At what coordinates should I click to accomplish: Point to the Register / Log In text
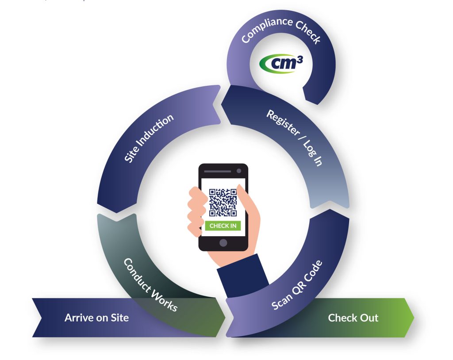point(294,138)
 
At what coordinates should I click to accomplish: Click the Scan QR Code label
point(297,285)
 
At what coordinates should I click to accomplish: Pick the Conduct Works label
point(150,285)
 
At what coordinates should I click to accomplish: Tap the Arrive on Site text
point(96,318)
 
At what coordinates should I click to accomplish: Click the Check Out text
point(353,318)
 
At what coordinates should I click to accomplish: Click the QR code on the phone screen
point(223,203)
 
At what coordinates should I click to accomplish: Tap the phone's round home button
point(223,243)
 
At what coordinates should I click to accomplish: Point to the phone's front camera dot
point(239,171)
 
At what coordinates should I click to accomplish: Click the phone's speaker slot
point(218,171)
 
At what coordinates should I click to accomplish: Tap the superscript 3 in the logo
point(299,60)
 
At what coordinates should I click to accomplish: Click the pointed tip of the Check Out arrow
point(414,318)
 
